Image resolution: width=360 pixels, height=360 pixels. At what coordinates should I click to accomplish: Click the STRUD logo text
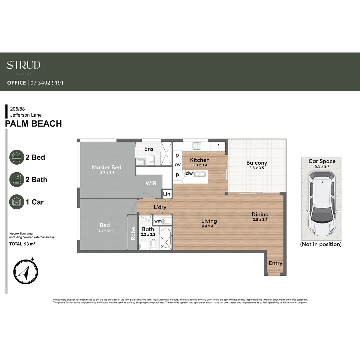pyautogui.click(x=24, y=65)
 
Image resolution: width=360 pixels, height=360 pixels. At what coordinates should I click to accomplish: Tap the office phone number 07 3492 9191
pyautogui.click(x=47, y=83)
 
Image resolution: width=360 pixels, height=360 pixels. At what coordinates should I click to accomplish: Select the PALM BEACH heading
pyautogui.click(x=34, y=124)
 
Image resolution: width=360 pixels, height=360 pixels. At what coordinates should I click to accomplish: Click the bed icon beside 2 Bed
pyautogui.click(x=17, y=157)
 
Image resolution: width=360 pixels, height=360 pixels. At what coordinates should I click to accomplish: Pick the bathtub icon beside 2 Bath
pyautogui.click(x=17, y=180)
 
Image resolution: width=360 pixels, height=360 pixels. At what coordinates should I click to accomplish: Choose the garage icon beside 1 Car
pyautogui.click(x=17, y=202)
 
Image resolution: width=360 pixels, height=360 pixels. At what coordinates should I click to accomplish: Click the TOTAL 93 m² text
pyautogui.click(x=23, y=244)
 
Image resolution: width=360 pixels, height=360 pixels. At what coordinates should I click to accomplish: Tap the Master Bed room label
pyautogui.click(x=107, y=167)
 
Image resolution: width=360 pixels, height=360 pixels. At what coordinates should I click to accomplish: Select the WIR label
pyautogui.click(x=151, y=183)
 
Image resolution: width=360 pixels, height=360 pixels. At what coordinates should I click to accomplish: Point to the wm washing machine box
pyautogui.click(x=158, y=221)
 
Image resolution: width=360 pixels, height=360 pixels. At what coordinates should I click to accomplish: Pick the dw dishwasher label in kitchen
pyautogui.click(x=189, y=173)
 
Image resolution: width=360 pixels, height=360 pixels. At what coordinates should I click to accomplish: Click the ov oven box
pyautogui.click(x=177, y=165)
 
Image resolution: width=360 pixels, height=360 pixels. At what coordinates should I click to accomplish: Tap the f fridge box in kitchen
pyautogui.click(x=218, y=146)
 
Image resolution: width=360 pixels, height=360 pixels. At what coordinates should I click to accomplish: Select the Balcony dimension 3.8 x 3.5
pyautogui.click(x=256, y=168)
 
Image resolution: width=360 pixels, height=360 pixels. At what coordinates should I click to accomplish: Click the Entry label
pyautogui.click(x=275, y=263)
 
